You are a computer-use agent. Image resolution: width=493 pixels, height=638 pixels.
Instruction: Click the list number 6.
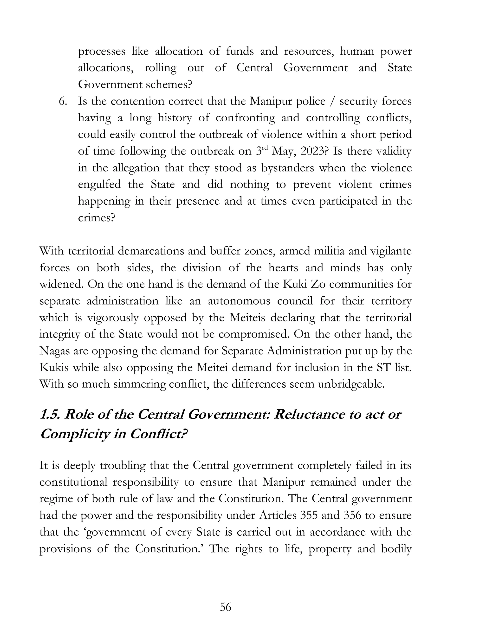click(x=63, y=101)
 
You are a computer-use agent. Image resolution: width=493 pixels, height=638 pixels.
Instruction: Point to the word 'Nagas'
click(x=54, y=351)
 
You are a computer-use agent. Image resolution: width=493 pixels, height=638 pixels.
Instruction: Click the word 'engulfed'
click(x=99, y=185)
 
